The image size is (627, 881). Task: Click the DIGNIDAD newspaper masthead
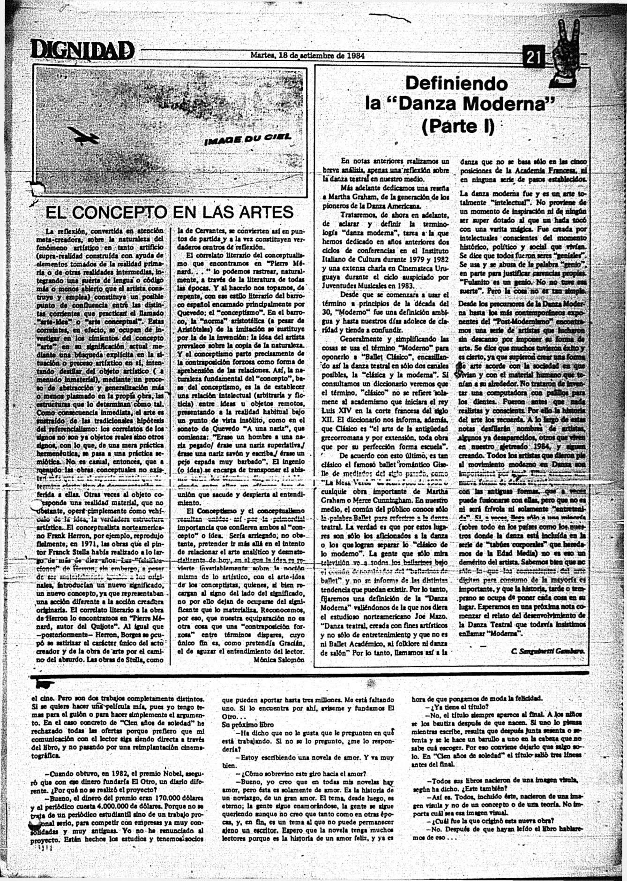point(82,50)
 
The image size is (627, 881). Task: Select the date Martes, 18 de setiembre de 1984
point(308,55)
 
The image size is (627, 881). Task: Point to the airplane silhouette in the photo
point(84,137)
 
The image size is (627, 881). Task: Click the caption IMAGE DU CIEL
point(248,138)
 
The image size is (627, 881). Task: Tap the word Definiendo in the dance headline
point(456,84)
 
